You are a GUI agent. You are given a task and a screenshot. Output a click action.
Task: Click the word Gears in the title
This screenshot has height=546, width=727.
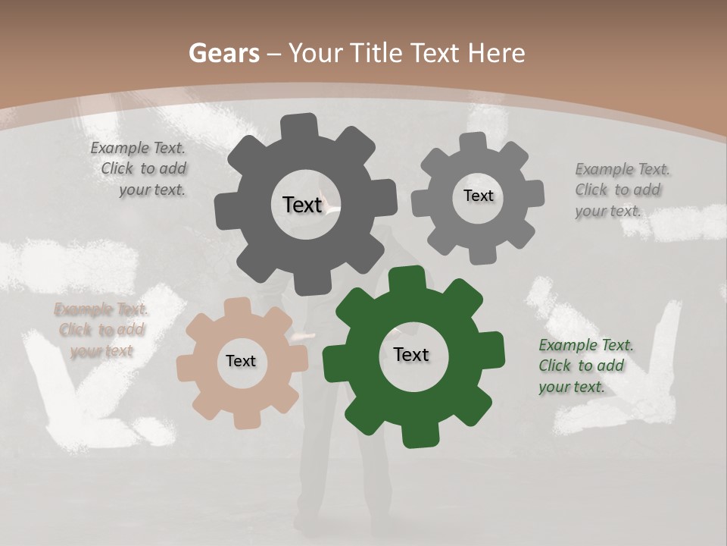(223, 53)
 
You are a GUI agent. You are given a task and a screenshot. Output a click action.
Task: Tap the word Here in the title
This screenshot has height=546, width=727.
(496, 53)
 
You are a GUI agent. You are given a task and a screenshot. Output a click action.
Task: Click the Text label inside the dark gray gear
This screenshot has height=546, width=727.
(302, 205)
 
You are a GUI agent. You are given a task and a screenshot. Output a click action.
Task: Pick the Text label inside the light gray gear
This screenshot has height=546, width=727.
(478, 196)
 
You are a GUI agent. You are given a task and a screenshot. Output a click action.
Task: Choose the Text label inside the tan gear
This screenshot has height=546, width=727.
(241, 361)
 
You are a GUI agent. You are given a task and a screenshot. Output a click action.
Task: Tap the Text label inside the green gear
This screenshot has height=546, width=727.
(411, 354)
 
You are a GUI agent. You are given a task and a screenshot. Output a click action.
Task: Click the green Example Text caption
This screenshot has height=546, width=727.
(585, 366)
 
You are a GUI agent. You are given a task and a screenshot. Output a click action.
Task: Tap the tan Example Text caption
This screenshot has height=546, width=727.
(101, 330)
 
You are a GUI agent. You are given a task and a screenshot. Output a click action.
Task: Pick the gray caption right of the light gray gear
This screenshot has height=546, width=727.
(621, 190)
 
